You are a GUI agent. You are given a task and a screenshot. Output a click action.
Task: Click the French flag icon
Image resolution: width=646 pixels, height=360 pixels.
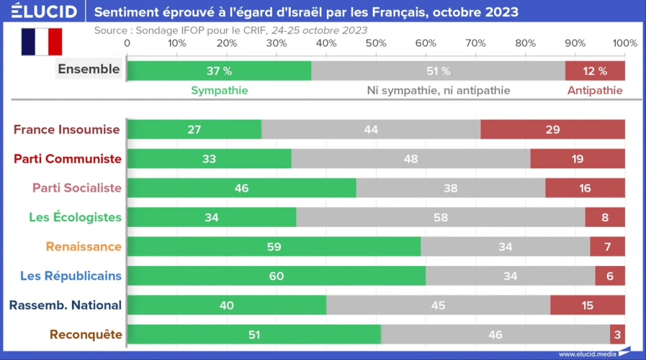42,42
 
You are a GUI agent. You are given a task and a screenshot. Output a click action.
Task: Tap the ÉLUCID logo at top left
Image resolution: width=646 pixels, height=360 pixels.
44,11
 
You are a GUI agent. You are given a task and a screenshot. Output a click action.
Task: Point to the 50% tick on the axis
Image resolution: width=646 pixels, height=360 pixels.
376,43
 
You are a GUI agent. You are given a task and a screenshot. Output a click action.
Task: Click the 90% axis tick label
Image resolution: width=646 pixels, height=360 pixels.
575,43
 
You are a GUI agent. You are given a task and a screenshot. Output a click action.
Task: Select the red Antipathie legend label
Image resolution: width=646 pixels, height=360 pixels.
594,91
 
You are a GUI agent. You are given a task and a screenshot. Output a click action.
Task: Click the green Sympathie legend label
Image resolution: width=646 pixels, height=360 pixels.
220,91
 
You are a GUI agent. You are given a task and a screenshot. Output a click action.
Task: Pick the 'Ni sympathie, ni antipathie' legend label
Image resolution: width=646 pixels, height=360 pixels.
438,91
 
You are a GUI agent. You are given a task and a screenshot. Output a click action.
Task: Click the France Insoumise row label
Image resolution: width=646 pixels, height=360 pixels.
67,130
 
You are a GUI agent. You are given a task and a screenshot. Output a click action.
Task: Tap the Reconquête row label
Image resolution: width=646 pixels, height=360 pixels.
85,334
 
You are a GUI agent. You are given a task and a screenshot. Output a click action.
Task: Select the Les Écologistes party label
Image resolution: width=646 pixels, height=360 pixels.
75,218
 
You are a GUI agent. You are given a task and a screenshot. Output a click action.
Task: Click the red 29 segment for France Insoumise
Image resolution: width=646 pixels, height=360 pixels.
553,130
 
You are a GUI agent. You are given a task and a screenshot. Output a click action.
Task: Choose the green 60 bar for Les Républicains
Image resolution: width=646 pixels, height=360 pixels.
276,276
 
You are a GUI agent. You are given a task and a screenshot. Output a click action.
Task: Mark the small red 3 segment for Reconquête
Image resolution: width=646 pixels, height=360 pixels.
618,334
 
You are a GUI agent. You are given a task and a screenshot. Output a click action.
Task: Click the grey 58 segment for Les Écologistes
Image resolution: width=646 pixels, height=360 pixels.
440,218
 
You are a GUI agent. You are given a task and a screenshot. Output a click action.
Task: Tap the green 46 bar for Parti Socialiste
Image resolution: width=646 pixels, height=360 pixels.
241,188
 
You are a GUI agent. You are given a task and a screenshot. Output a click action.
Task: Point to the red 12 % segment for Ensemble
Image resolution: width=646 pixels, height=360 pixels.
595,71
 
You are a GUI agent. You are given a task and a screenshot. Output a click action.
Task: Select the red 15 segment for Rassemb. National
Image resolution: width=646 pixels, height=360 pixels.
587,305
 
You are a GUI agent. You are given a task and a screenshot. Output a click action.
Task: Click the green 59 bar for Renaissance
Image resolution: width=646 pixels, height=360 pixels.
274,247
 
